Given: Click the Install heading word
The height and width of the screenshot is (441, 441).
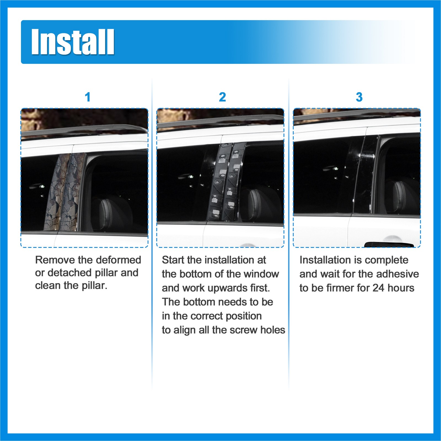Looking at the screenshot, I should pos(73,42).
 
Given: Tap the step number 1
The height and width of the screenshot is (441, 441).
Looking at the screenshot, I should pos(88,97).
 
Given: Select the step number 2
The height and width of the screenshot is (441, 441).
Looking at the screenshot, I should pos(222,97).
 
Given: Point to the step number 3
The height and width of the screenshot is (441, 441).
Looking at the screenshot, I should pos(359,97).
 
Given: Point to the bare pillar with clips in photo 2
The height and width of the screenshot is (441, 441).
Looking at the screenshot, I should pos(226,182).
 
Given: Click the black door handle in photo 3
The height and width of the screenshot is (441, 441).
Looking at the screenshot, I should pos(389,244).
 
